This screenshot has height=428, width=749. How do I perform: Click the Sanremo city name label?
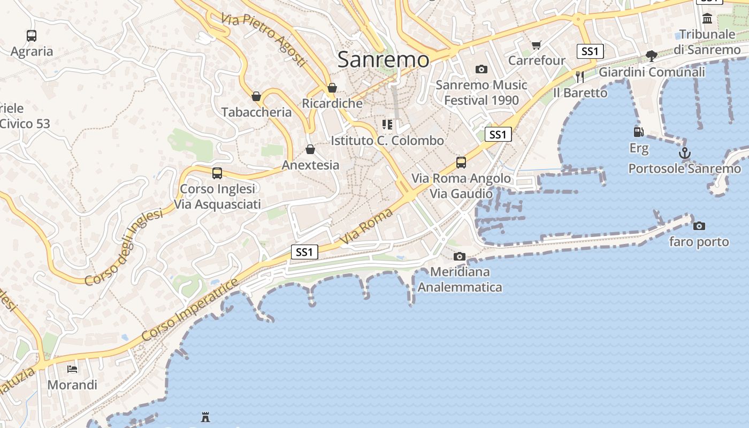tap(383, 59)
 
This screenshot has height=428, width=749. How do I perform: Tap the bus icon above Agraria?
tap(32, 36)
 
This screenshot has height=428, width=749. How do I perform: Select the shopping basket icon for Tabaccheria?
tap(256, 97)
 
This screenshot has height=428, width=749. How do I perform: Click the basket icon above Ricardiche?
tap(332, 88)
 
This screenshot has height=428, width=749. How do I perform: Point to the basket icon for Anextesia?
tap(310, 149)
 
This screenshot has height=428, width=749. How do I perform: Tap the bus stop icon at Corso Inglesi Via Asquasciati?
tap(217, 173)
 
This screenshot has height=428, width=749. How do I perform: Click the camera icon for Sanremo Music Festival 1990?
tap(481, 70)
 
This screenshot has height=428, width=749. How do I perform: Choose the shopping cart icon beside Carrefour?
tap(536, 45)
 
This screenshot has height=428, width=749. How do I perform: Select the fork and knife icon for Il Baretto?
tap(580, 77)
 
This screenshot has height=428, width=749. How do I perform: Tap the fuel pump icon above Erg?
tap(638, 132)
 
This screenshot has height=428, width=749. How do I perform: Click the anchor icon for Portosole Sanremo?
tap(684, 154)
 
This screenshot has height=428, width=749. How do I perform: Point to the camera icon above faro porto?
tap(699, 226)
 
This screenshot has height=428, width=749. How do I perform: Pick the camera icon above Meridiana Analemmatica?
tap(459, 257)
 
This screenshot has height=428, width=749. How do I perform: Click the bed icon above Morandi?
tap(72, 369)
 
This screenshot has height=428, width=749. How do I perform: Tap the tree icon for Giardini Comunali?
tap(652, 56)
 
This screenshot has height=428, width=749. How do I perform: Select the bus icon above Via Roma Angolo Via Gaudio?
tap(461, 163)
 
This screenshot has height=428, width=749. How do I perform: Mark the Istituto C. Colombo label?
tap(387, 141)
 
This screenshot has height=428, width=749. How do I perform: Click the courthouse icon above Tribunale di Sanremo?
tap(707, 19)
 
